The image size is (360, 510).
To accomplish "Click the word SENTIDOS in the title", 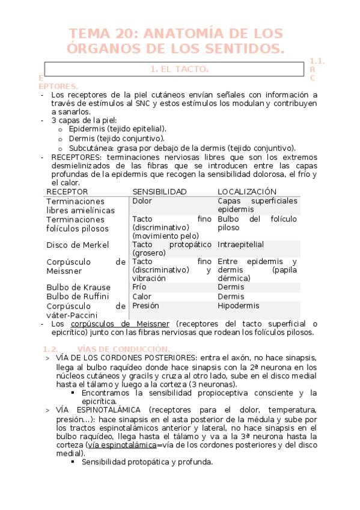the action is point(242,48).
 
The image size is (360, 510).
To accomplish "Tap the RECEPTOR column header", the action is point(67,191).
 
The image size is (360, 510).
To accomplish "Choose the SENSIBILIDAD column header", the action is point(159,191).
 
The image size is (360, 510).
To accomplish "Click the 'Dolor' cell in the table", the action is point(142,201).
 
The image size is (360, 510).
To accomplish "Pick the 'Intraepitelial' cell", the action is point(240,245).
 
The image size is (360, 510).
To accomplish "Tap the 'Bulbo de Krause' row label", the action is point(78,287).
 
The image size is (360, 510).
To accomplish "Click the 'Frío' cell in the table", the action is point(139,287).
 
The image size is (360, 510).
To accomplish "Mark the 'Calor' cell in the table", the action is point(142,296).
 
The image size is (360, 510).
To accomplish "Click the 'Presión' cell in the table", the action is point(146,306).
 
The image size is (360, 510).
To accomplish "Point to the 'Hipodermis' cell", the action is point(239,306).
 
